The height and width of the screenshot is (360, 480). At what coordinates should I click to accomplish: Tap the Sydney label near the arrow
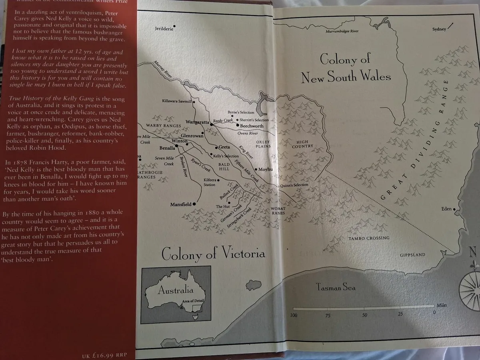[439, 29]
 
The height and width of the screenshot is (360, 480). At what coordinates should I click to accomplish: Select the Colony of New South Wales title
[346, 68]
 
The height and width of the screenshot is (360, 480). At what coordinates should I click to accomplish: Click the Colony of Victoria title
[213, 254]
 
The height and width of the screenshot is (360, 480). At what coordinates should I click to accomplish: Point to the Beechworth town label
[252, 126]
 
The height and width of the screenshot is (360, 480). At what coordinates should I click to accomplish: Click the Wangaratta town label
[198, 121]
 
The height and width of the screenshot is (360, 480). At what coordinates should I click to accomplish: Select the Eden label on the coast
[446, 209]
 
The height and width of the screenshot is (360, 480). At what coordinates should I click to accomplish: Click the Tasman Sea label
[335, 287]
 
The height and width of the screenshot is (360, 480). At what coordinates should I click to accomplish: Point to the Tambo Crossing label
[363, 238]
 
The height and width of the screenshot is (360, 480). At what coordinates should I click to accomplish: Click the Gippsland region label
[412, 255]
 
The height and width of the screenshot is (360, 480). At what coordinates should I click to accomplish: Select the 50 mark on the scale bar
[364, 315]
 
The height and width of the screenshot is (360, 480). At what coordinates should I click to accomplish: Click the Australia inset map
[176, 295]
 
